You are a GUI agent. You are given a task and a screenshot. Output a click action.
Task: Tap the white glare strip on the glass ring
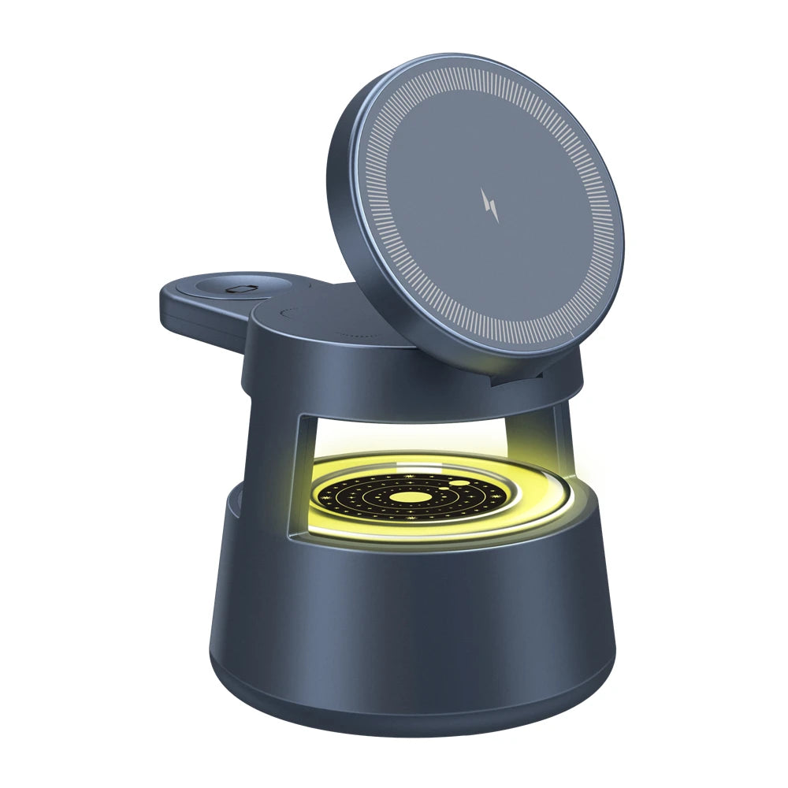[378, 466]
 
